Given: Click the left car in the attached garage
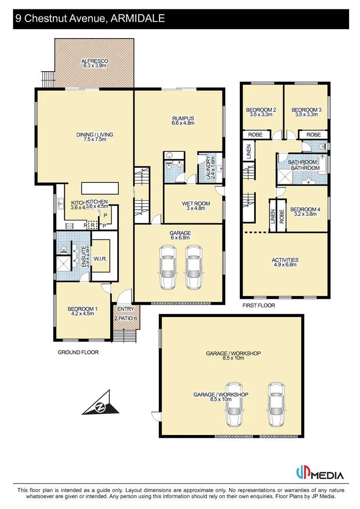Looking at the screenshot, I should click(167, 267).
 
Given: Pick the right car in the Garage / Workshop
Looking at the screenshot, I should click(277, 404).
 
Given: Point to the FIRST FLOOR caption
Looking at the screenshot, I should click(259, 305).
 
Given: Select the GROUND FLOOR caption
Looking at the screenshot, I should click(78, 352).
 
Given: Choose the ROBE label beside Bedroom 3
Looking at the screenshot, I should click(314, 135).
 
